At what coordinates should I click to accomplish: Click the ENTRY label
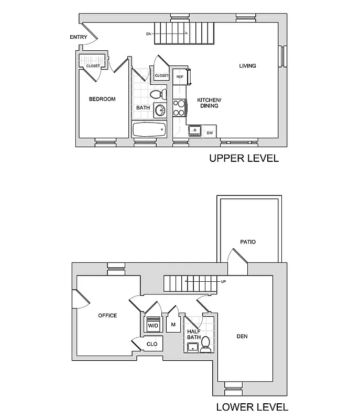click(78, 37)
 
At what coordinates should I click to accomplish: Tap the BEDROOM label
click(102, 99)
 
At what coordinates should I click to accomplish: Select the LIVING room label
click(247, 66)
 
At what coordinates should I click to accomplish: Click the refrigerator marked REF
click(180, 76)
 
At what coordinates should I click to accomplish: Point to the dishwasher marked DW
click(210, 133)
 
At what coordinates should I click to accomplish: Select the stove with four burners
click(179, 107)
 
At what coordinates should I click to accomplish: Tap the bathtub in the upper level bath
click(149, 129)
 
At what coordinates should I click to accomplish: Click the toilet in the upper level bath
click(157, 94)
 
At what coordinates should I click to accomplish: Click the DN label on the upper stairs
click(149, 34)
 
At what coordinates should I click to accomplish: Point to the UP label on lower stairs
click(223, 282)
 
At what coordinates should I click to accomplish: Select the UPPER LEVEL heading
click(244, 158)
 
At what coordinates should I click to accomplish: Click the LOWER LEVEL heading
click(252, 407)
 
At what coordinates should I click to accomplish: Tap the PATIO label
click(248, 242)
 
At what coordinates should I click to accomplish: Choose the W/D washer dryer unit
click(153, 324)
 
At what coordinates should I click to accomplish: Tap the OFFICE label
click(107, 315)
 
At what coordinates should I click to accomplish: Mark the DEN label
click(242, 336)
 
